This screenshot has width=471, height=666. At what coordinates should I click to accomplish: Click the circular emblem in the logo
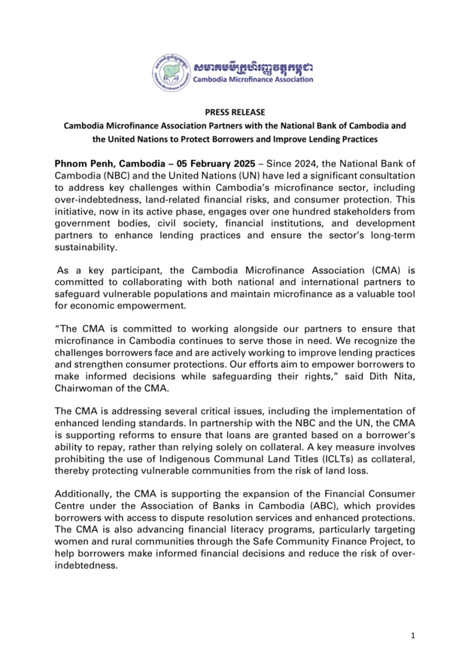(x=172, y=71)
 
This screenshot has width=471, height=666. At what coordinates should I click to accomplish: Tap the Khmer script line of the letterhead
(x=252, y=67)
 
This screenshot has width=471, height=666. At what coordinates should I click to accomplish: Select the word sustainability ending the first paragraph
(x=87, y=246)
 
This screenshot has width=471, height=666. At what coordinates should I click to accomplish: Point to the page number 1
(x=413, y=635)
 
